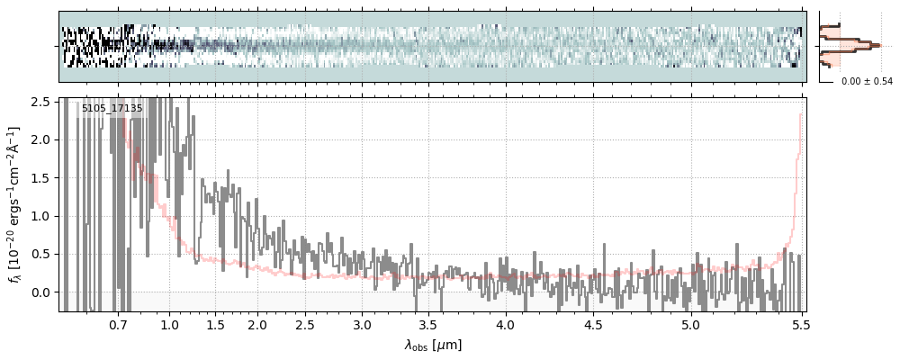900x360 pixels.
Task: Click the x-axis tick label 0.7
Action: coord(118,325)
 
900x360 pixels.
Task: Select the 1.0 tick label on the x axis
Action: coord(169,325)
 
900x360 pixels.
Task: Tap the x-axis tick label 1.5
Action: coord(215,325)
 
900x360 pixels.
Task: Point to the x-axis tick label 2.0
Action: coord(257,325)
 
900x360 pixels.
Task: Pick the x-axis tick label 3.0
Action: coord(362,325)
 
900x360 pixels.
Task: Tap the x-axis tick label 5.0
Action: coord(690,325)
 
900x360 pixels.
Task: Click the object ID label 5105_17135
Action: coord(112,109)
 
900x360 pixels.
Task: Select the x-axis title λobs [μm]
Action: coord(432,345)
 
